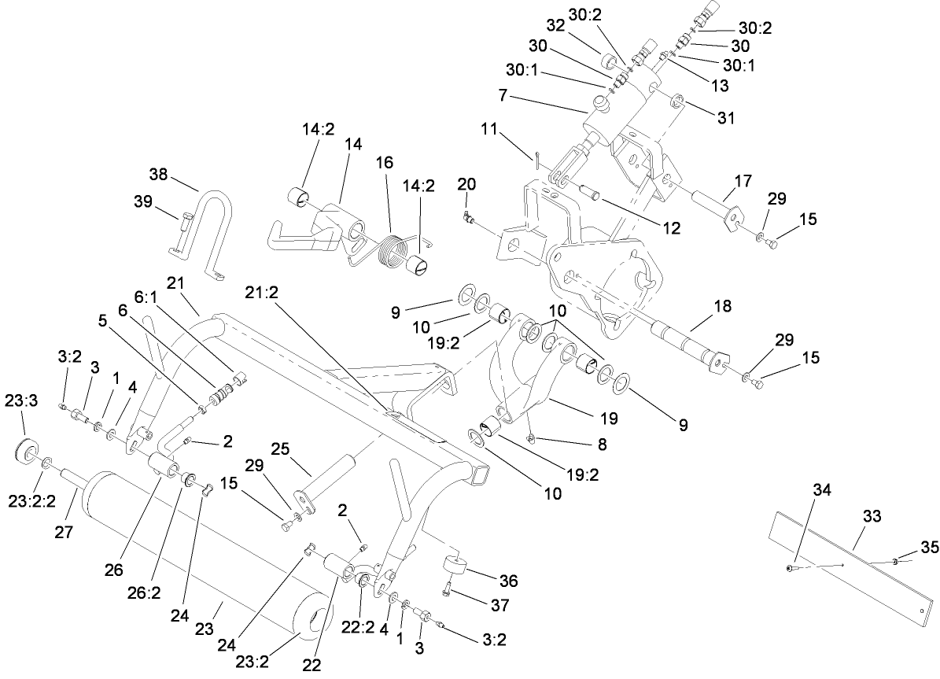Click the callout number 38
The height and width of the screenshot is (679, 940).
pos(159,175)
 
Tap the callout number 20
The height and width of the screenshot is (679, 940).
pos(466,183)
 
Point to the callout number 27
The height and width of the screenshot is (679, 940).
pos(64,531)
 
